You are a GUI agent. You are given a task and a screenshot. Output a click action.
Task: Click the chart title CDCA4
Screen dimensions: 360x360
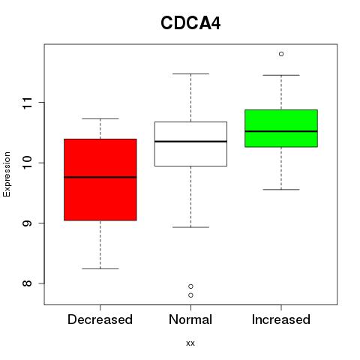pyautogui.click(x=190, y=23)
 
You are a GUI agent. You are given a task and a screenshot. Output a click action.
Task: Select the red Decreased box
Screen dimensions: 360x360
pyautogui.click(x=100, y=179)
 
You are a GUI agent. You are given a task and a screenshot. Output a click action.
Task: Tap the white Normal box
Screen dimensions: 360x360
pyautogui.click(x=190, y=144)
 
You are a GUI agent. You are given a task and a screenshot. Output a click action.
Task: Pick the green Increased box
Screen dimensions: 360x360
pyautogui.click(x=281, y=128)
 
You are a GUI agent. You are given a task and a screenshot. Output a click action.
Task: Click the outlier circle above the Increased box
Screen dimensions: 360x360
pyautogui.click(x=281, y=54)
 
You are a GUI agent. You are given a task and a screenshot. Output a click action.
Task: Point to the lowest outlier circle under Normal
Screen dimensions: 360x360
pyautogui.click(x=190, y=295)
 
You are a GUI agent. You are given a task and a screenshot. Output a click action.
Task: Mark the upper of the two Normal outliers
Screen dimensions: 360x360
pyautogui.click(x=190, y=286)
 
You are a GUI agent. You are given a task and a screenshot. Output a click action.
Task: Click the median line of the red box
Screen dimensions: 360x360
pyautogui.click(x=100, y=177)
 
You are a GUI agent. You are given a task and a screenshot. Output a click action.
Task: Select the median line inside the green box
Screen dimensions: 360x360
pyautogui.click(x=281, y=131)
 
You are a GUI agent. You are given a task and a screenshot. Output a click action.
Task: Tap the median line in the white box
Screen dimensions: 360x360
pyautogui.click(x=190, y=142)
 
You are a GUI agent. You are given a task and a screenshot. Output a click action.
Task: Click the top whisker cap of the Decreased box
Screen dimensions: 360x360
pyautogui.click(x=100, y=118)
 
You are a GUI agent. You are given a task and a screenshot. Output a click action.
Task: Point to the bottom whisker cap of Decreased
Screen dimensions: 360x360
pyautogui.click(x=100, y=268)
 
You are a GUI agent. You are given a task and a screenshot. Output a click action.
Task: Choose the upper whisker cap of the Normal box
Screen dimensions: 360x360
pyautogui.click(x=190, y=74)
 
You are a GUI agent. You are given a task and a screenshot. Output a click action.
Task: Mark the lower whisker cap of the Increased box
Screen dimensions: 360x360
pyautogui.click(x=281, y=190)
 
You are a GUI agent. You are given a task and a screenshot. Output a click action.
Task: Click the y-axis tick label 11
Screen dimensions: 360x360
pyautogui.click(x=28, y=103)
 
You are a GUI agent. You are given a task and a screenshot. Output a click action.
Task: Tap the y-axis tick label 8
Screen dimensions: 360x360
pyautogui.click(x=28, y=283)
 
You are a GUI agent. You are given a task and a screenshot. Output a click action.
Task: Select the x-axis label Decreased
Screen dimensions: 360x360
pyautogui.click(x=100, y=319)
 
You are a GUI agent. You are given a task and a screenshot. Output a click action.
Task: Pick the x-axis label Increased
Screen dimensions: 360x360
pyautogui.click(x=281, y=319)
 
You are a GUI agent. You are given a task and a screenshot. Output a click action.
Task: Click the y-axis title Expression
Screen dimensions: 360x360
pyautogui.click(x=7, y=174)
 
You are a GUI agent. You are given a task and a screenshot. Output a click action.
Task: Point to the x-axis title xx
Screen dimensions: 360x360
pyautogui.click(x=190, y=343)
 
